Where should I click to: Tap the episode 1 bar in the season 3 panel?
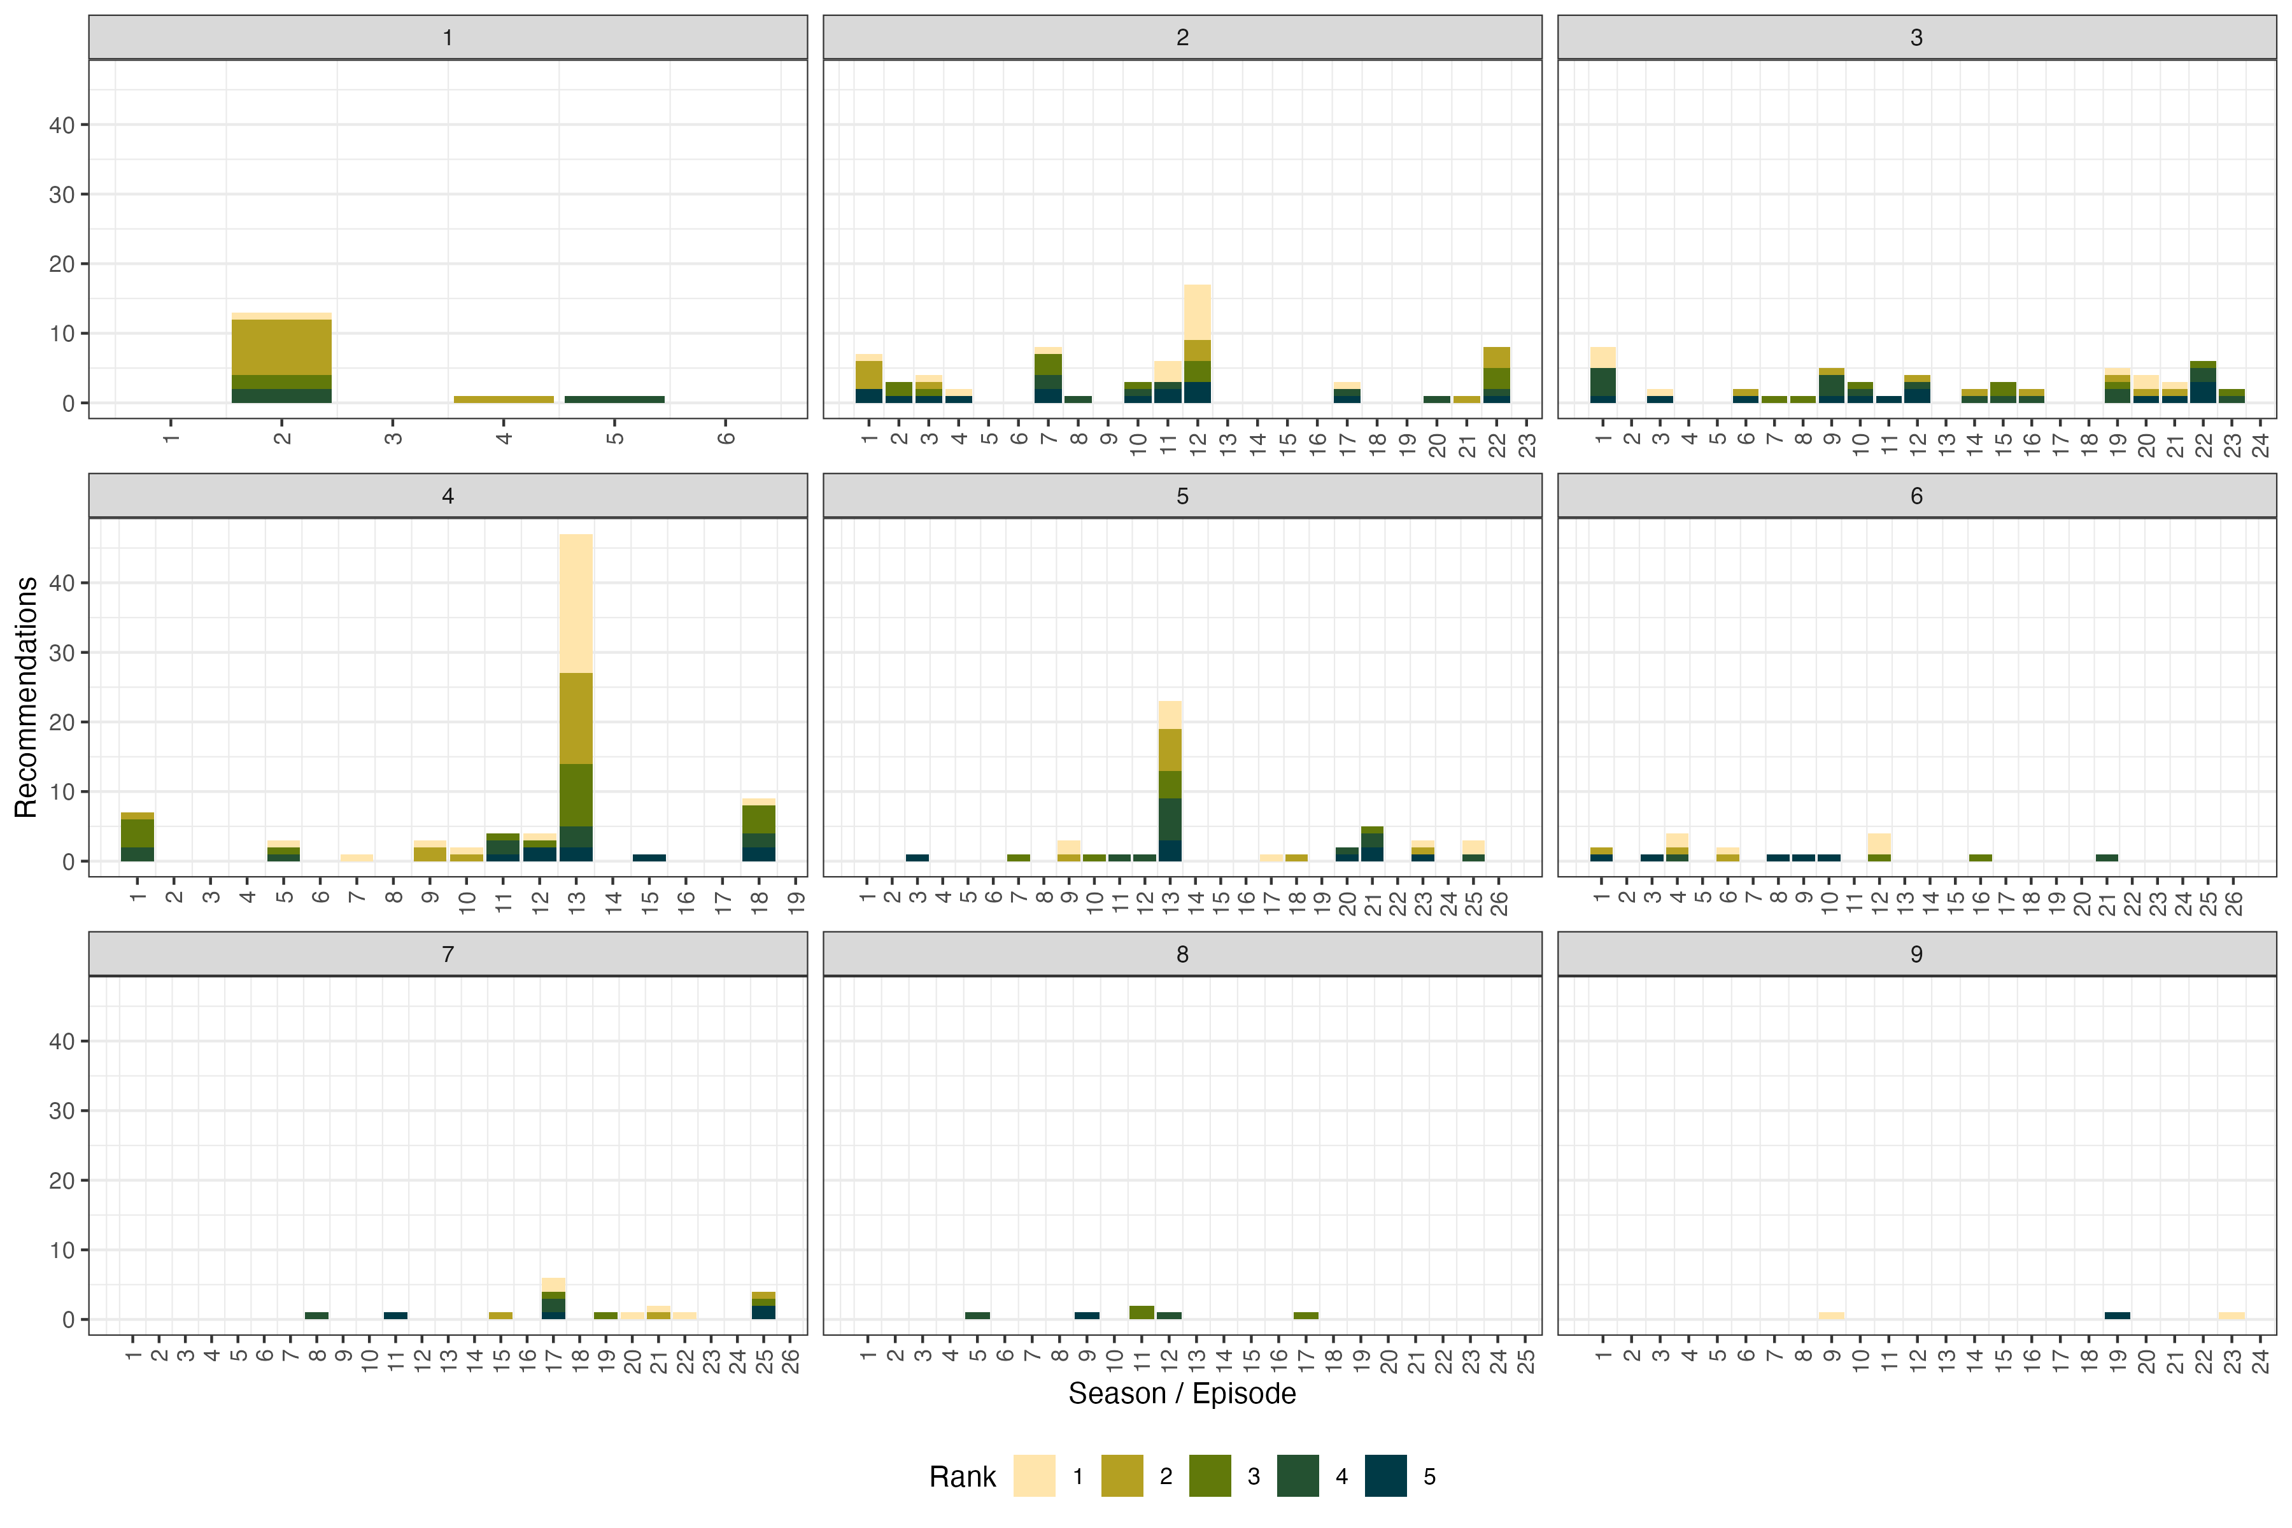[1603, 375]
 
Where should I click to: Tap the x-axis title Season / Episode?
[1182, 1394]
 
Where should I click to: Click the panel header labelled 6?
[1916, 496]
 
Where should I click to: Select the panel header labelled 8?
[1182, 954]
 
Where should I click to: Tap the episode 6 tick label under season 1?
[726, 437]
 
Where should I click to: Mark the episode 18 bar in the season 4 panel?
[759, 830]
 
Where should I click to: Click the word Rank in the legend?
[962, 1476]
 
